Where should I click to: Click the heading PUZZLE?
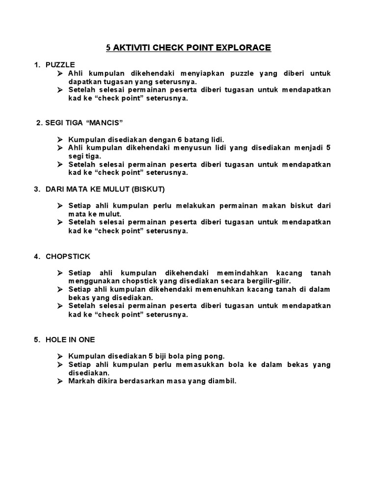(x=60, y=64)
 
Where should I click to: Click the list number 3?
(x=36, y=189)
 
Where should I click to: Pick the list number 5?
(x=36, y=339)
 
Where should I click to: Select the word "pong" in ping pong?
(x=216, y=356)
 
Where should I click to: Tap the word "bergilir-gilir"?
(x=269, y=281)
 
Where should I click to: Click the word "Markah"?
(x=82, y=381)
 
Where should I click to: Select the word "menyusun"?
(x=191, y=148)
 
